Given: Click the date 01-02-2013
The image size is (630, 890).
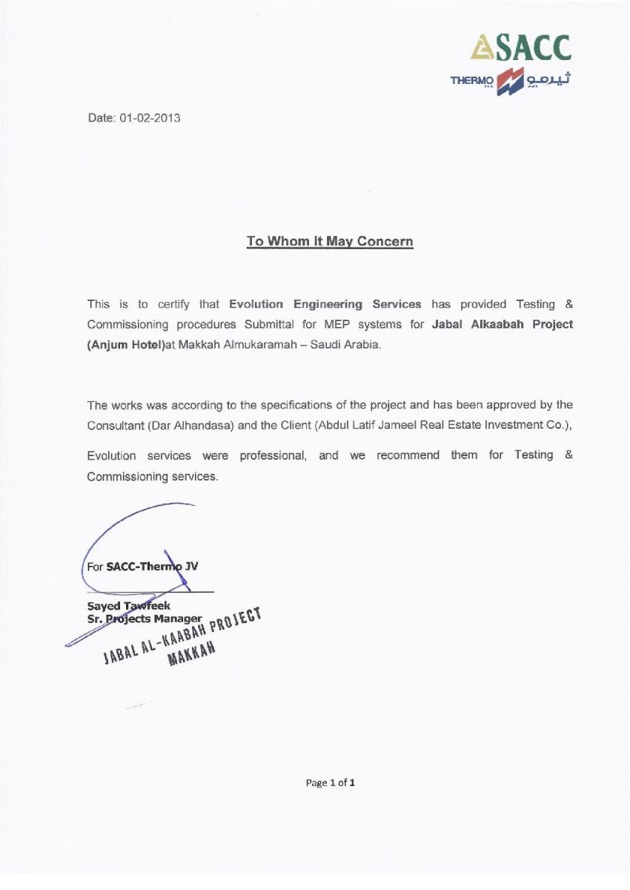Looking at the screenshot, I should pos(150,118).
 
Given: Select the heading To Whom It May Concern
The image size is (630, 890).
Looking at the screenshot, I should pos(329,242).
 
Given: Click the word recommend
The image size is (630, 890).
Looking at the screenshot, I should pos(408,455).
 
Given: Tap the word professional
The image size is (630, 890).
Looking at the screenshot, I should pos(270,455).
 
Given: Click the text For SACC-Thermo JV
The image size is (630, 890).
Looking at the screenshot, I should pos(142,568).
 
